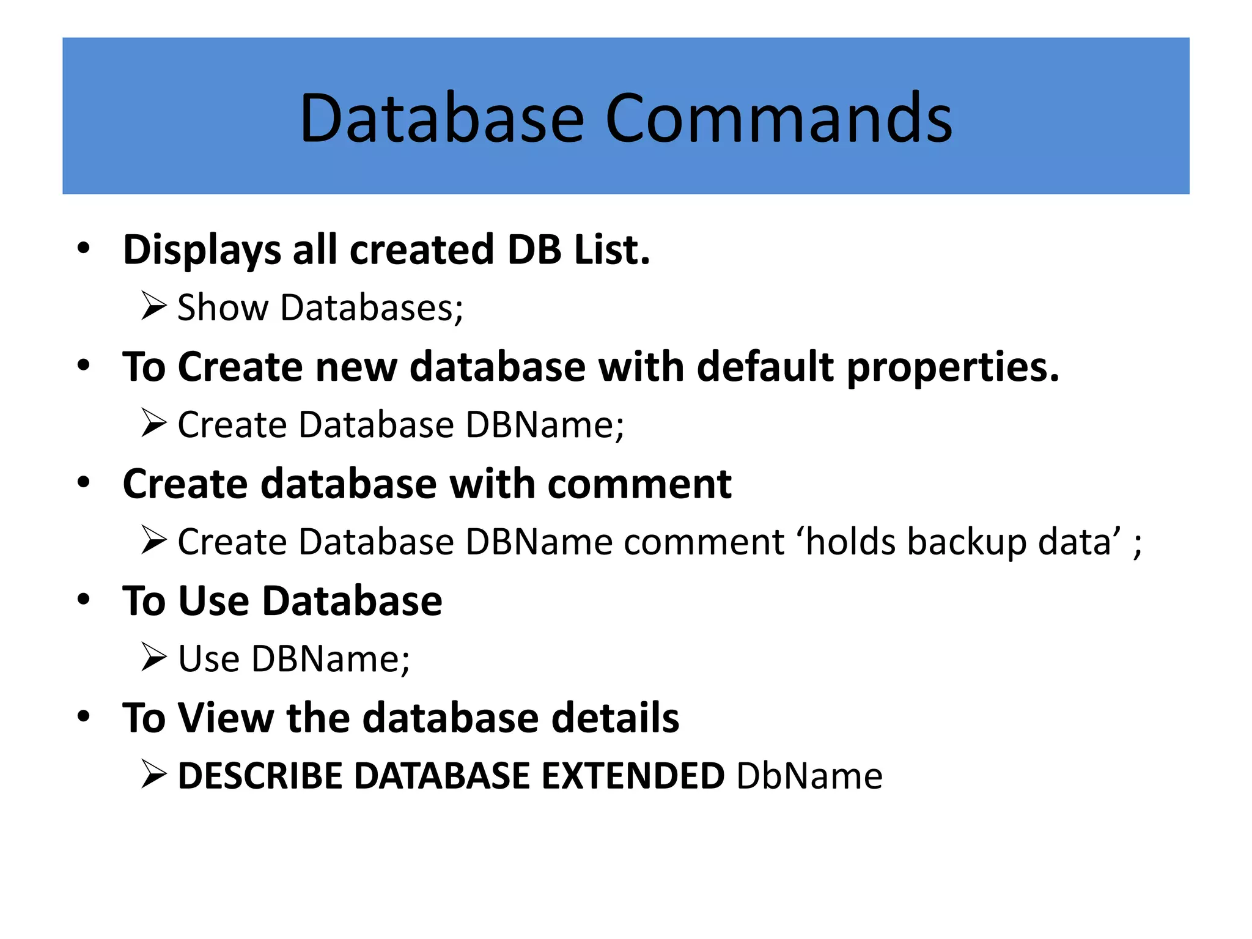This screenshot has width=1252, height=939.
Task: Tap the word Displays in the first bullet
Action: (202, 251)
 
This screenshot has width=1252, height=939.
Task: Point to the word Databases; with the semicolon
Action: (372, 307)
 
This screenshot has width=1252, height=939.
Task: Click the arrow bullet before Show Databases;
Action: (153, 306)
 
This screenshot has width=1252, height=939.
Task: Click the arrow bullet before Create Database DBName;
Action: (153, 423)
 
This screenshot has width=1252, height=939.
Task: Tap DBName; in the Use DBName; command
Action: (331, 659)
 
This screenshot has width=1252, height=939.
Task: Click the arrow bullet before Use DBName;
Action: (153, 657)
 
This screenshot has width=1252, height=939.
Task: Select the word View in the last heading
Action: (226, 718)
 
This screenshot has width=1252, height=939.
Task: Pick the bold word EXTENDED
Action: (633, 776)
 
